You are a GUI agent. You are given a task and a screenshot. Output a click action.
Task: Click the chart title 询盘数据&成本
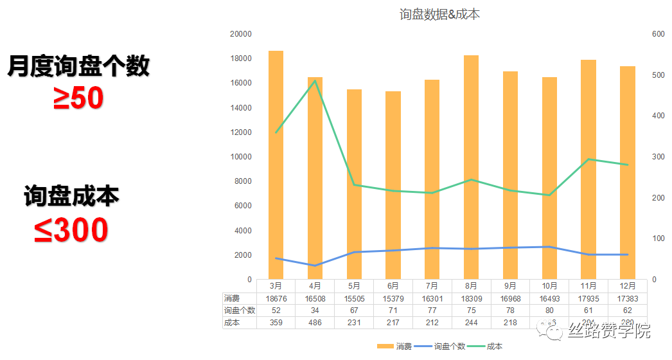pos(439,14)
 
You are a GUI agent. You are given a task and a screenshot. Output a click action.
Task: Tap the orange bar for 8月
pos(471,167)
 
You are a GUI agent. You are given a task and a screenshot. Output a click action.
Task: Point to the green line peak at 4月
pos(315,80)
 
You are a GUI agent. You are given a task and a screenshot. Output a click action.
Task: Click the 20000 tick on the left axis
pos(241,34)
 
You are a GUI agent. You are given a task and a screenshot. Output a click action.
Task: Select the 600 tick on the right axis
pos(657,34)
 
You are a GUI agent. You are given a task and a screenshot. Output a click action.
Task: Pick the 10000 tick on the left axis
pos(241,157)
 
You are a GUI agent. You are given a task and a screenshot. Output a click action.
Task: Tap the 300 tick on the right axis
pos(657,157)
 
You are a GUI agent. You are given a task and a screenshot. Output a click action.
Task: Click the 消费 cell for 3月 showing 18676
pos(276,298)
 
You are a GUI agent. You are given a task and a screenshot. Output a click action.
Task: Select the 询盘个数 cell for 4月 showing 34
pos(315,310)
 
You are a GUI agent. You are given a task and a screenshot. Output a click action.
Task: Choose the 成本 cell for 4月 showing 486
pos(315,323)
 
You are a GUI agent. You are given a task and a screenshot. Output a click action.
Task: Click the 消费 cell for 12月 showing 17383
pos(627,298)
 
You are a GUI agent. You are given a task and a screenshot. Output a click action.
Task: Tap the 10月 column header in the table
pos(549,286)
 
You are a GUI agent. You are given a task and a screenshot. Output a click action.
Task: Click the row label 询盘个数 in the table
pos(239,310)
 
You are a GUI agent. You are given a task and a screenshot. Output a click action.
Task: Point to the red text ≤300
pos(71,231)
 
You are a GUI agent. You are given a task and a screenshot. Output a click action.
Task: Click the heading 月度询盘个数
pos(78,66)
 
